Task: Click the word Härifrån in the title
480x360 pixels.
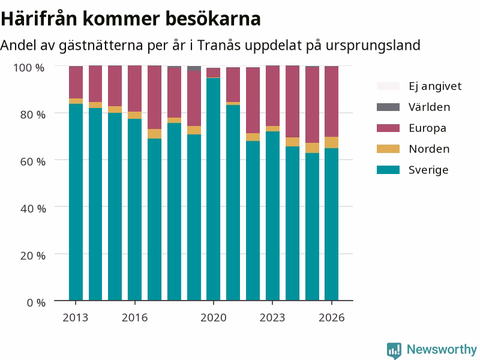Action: pyautogui.click(x=39, y=19)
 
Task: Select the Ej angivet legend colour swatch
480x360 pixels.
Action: pyautogui.click(x=388, y=86)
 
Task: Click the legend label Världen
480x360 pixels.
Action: pyautogui.click(x=429, y=107)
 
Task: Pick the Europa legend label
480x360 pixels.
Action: pyautogui.click(x=427, y=128)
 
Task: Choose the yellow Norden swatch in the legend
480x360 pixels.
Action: pyautogui.click(x=388, y=149)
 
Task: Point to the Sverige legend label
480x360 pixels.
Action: pyautogui.click(x=428, y=170)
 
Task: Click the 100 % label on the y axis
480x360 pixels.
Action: pyautogui.click(x=29, y=68)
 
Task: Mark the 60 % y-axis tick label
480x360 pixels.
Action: pyautogui.click(x=33, y=161)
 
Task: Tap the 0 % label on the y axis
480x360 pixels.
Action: pyautogui.click(x=36, y=303)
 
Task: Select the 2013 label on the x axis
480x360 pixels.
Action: pyautogui.click(x=76, y=318)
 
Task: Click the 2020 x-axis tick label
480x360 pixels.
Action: pyautogui.click(x=214, y=318)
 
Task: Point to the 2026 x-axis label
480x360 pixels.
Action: pyautogui.click(x=332, y=318)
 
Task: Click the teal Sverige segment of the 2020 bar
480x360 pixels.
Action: pyautogui.click(x=213, y=189)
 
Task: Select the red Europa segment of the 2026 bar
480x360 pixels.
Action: pyautogui.click(x=332, y=101)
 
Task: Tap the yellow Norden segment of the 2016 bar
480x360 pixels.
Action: pyautogui.click(x=134, y=115)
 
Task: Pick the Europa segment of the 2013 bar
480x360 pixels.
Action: pyautogui.click(x=76, y=82)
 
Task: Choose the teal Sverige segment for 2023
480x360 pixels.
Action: pyautogui.click(x=272, y=216)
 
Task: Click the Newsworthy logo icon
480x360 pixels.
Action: pyautogui.click(x=394, y=350)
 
